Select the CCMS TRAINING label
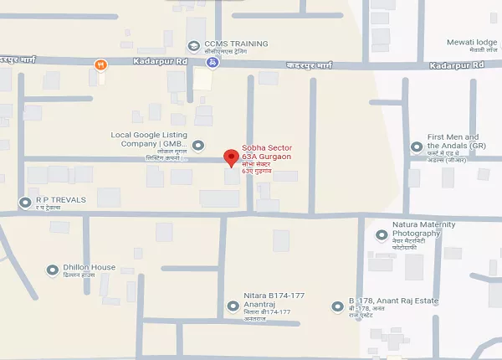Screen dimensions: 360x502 (236, 44)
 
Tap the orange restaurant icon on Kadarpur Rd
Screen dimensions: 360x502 (101, 64)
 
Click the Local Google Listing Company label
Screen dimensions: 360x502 (147, 139)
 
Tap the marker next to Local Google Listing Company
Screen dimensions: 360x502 (198, 146)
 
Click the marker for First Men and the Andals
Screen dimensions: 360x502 (416, 147)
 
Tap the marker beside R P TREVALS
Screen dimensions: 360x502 (23, 202)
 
